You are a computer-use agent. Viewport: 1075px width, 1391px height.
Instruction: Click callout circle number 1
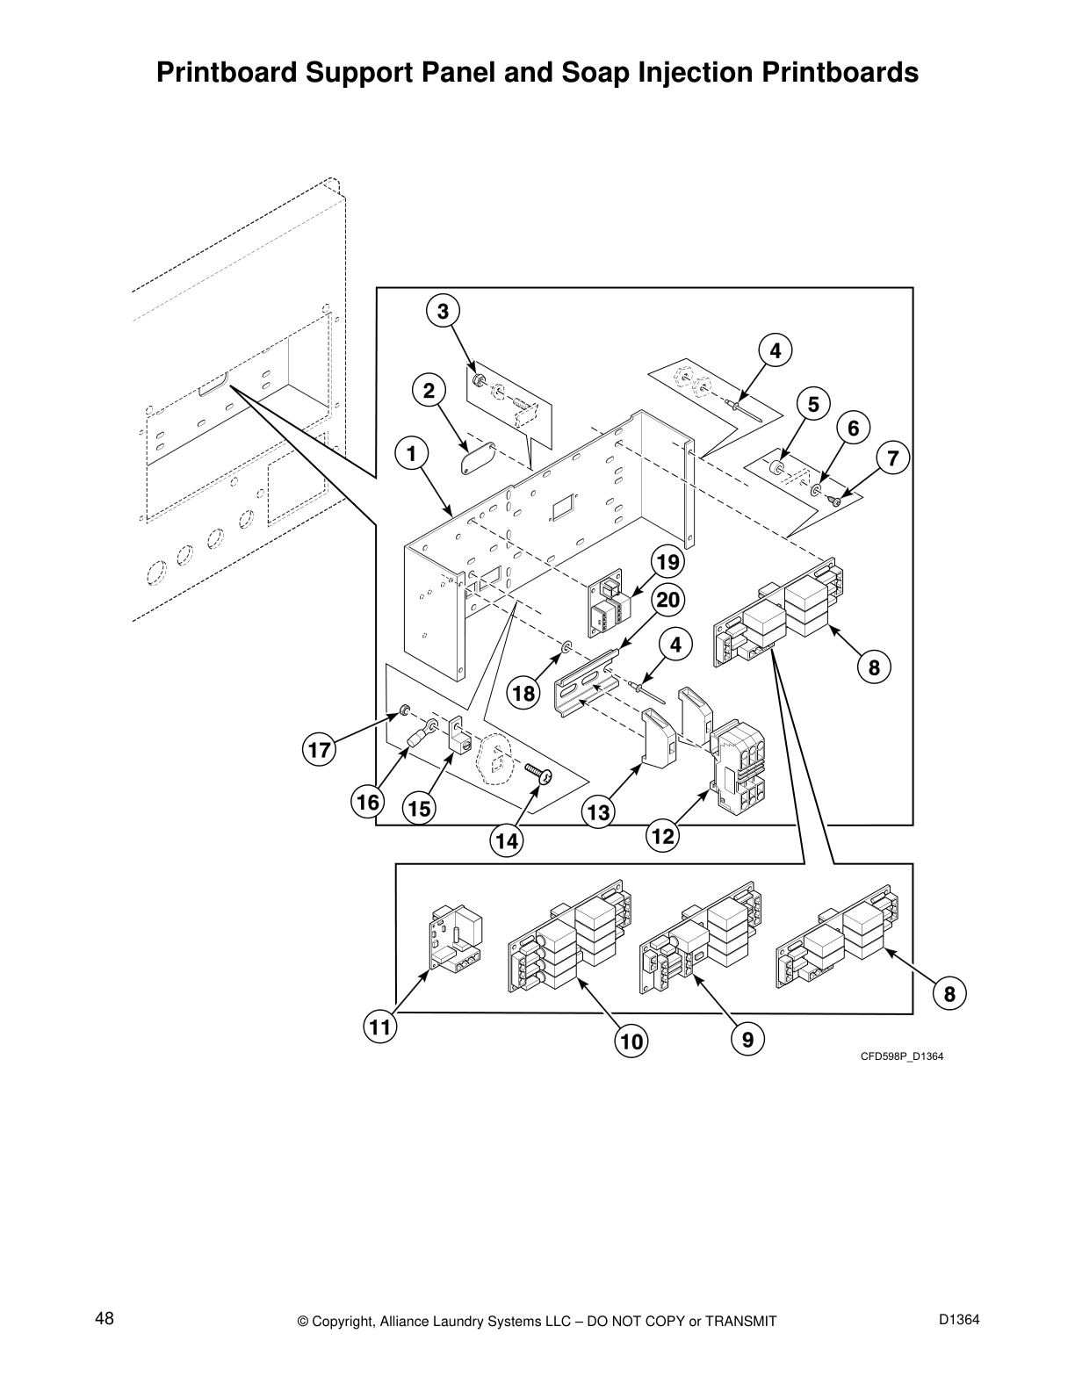[410, 453]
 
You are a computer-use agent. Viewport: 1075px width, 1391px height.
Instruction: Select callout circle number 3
[443, 311]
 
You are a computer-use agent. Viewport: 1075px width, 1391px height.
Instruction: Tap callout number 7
[892, 458]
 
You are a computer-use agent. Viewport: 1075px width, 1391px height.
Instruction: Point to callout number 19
[667, 561]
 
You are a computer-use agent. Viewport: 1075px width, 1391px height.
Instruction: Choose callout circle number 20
[668, 601]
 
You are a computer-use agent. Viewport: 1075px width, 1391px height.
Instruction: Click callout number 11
[379, 1027]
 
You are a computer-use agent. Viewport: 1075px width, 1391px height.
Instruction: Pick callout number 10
[631, 1041]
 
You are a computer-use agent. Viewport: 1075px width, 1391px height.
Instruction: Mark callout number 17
[320, 751]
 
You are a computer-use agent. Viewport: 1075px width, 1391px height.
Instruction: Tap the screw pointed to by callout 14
[537, 773]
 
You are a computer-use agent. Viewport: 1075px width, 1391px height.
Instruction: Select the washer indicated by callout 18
[566, 649]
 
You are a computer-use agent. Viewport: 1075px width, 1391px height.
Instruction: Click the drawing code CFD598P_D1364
[901, 1056]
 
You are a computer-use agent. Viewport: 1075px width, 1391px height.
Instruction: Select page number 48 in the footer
[105, 1319]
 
